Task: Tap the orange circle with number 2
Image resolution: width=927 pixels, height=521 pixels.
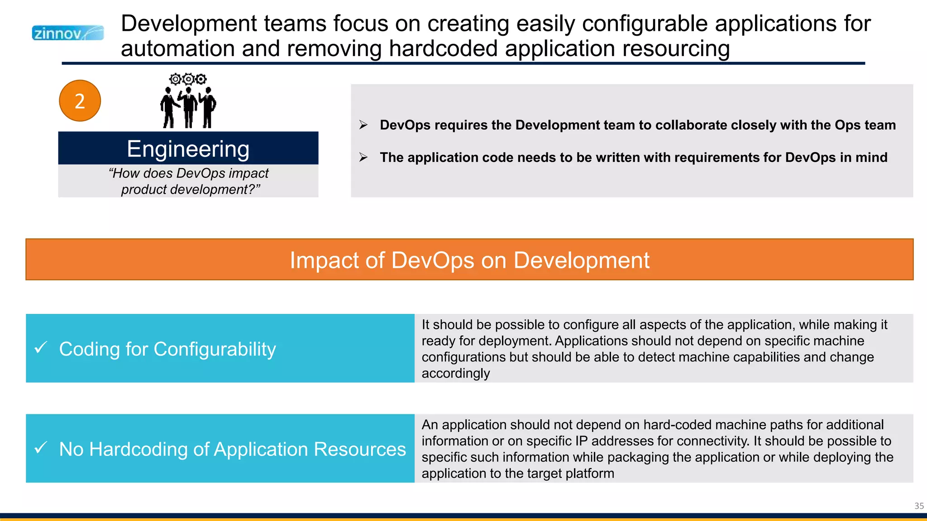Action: click(80, 101)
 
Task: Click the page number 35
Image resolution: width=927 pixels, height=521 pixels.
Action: click(919, 506)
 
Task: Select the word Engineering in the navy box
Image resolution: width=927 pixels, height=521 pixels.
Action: click(188, 149)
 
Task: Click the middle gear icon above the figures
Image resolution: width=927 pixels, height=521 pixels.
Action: click(188, 80)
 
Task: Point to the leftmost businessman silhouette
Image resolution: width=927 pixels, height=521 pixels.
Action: click(169, 108)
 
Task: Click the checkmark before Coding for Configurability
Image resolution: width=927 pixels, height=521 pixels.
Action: click(41, 348)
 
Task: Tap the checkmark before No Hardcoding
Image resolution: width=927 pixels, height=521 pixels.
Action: click(41, 448)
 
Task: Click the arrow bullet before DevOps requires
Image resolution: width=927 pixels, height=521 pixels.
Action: click(363, 125)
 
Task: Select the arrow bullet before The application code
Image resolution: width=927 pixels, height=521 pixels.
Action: click(363, 157)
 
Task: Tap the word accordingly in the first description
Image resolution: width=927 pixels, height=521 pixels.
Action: click(455, 374)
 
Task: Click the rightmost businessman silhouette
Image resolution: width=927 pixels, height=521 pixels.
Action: click(208, 108)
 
